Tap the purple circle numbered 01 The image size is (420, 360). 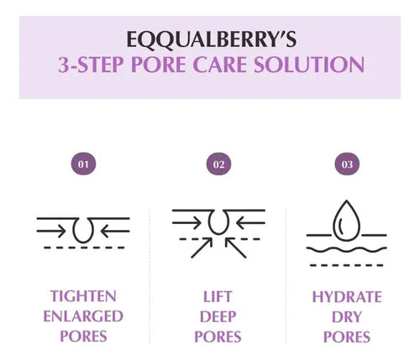pos(83,164)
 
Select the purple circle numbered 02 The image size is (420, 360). pos(218,164)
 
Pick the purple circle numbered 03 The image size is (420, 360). pos(347,164)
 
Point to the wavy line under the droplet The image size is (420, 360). pos(346,249)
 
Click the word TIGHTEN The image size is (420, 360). pos(83,296)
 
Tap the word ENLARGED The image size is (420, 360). pos(83,316)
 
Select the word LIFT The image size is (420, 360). pos(218,296)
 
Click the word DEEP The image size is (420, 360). pos(218,316)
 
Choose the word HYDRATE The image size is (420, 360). pos(347,296)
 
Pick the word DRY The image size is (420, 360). pos(347,316)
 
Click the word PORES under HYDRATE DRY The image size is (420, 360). pos(347,337)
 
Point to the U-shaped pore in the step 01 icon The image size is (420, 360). pos(83,229)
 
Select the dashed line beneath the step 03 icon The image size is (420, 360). pos(346,265)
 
